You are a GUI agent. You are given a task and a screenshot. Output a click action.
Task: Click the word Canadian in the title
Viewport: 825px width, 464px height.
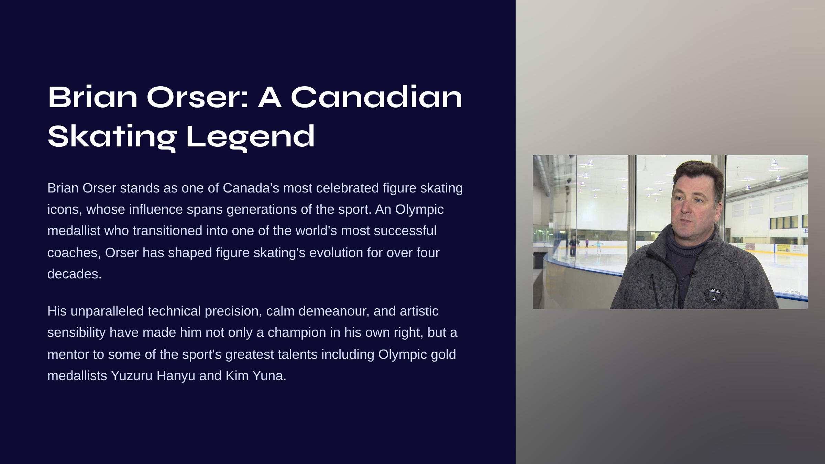pos(377,97)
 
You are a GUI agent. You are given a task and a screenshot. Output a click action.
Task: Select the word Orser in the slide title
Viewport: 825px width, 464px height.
pos(198,97)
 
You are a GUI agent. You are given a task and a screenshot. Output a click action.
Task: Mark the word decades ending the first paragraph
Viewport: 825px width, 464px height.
pos(74,274)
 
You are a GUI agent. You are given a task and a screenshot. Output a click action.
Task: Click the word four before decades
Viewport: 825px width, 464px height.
pos(428,253)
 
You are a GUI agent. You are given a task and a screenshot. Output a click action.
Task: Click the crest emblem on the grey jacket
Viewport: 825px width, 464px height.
pos(713,295)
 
